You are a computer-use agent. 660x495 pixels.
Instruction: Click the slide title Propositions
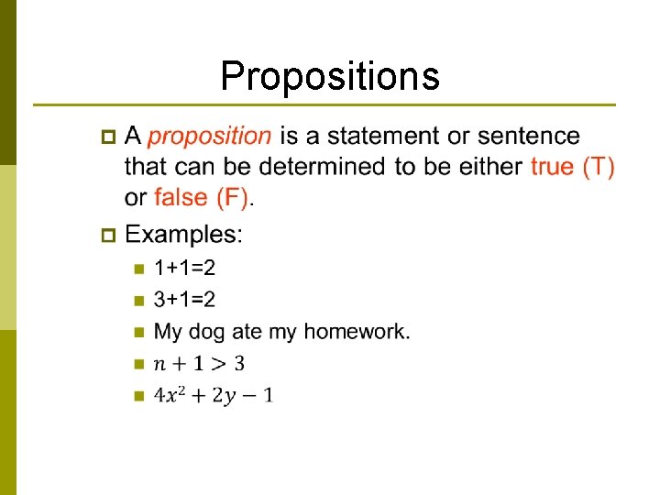pyautogui.click(x=330, y=76)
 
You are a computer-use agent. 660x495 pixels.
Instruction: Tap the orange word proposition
pyautogui.click(x=210, y=136)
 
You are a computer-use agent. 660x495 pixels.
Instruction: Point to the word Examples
pyautogui.click(x=184, y=234)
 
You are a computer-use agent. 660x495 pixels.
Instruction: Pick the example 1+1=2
pyautogui.click(x=185, y=269)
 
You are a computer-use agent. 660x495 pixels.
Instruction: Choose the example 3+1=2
pyautogui.click(x=185, y=300)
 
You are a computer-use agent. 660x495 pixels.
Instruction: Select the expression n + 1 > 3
pyautogui.click(x=199, y=364)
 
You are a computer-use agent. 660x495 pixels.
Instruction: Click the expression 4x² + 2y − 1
pyautogui.click(x=214, y=395)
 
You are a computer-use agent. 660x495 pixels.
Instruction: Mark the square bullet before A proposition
pyautogui.click(x=107, y=137)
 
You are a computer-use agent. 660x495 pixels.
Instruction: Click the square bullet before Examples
pyautogui.click(x=107, y=235)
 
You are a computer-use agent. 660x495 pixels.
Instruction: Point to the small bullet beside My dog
pyautogui.click(x=138, y=332)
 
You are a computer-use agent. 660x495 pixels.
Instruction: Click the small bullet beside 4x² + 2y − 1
pyautogui.click(x=138, y=396)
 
